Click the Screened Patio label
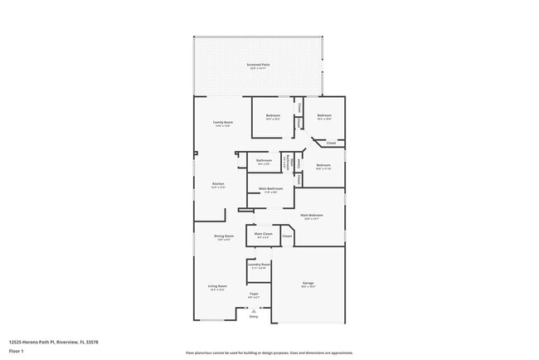(257, 64)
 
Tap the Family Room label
(222, 122)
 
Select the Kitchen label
(218, 183)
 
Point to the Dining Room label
(224, 236)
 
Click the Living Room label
(217, 286)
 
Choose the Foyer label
(254, 293)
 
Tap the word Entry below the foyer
(254, 317)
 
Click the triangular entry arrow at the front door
(254, 310)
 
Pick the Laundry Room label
(260, 265)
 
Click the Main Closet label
(263, 234)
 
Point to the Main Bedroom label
(313, 215)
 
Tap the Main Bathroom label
(270, 188)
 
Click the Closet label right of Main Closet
(287, 236)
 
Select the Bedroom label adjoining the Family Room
(273, 115)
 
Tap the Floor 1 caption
(17, 351)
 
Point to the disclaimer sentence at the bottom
(269, 352)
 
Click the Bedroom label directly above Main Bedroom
(323, 165)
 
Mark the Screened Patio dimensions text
(257, 68)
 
